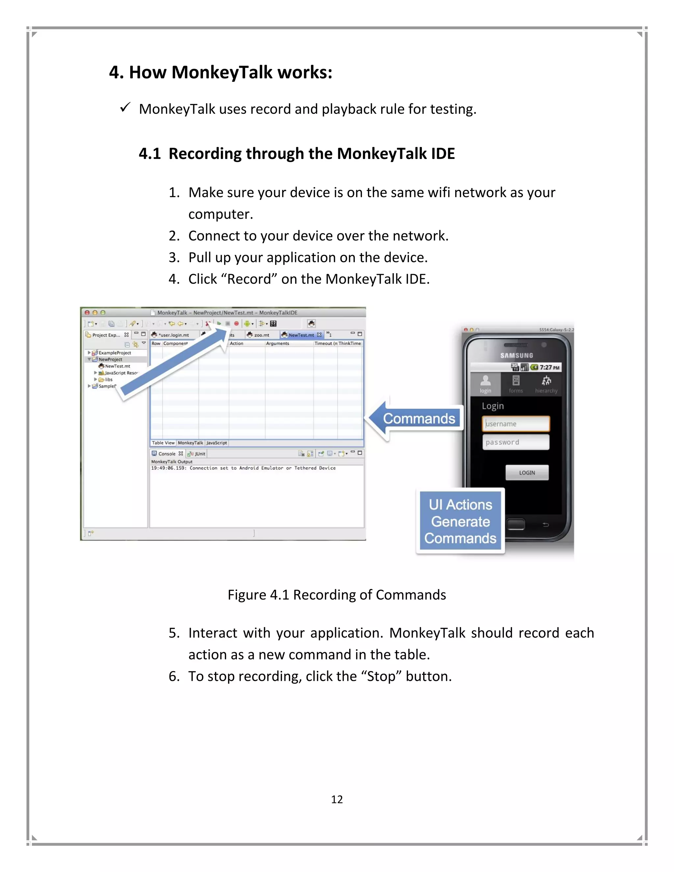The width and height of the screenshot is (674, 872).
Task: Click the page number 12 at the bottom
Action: [337, 799]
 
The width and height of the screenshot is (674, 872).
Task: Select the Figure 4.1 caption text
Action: [337, 595]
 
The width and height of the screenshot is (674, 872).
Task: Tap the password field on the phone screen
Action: [515, 442]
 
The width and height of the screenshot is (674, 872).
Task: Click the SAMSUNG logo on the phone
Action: [517, 355]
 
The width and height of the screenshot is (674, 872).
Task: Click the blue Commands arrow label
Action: [419, 419]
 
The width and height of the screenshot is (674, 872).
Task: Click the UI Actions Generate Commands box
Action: [460, 522]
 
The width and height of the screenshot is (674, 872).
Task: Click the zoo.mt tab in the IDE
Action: [261, 335]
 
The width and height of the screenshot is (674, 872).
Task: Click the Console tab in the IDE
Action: [167, 453]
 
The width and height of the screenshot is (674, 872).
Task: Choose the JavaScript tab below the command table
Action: [217, 443]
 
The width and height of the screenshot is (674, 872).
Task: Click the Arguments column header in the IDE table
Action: [277, 343]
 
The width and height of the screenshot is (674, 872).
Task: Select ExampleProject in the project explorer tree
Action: [115, 352]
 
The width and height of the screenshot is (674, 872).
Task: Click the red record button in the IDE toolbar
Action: [236, 323]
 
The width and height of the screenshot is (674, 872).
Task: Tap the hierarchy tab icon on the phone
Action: [546, 384]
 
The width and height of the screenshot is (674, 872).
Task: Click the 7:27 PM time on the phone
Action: [549, 367]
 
